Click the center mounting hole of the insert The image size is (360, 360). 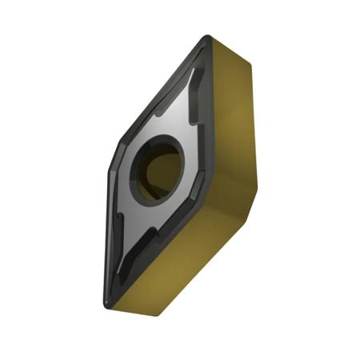158,167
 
